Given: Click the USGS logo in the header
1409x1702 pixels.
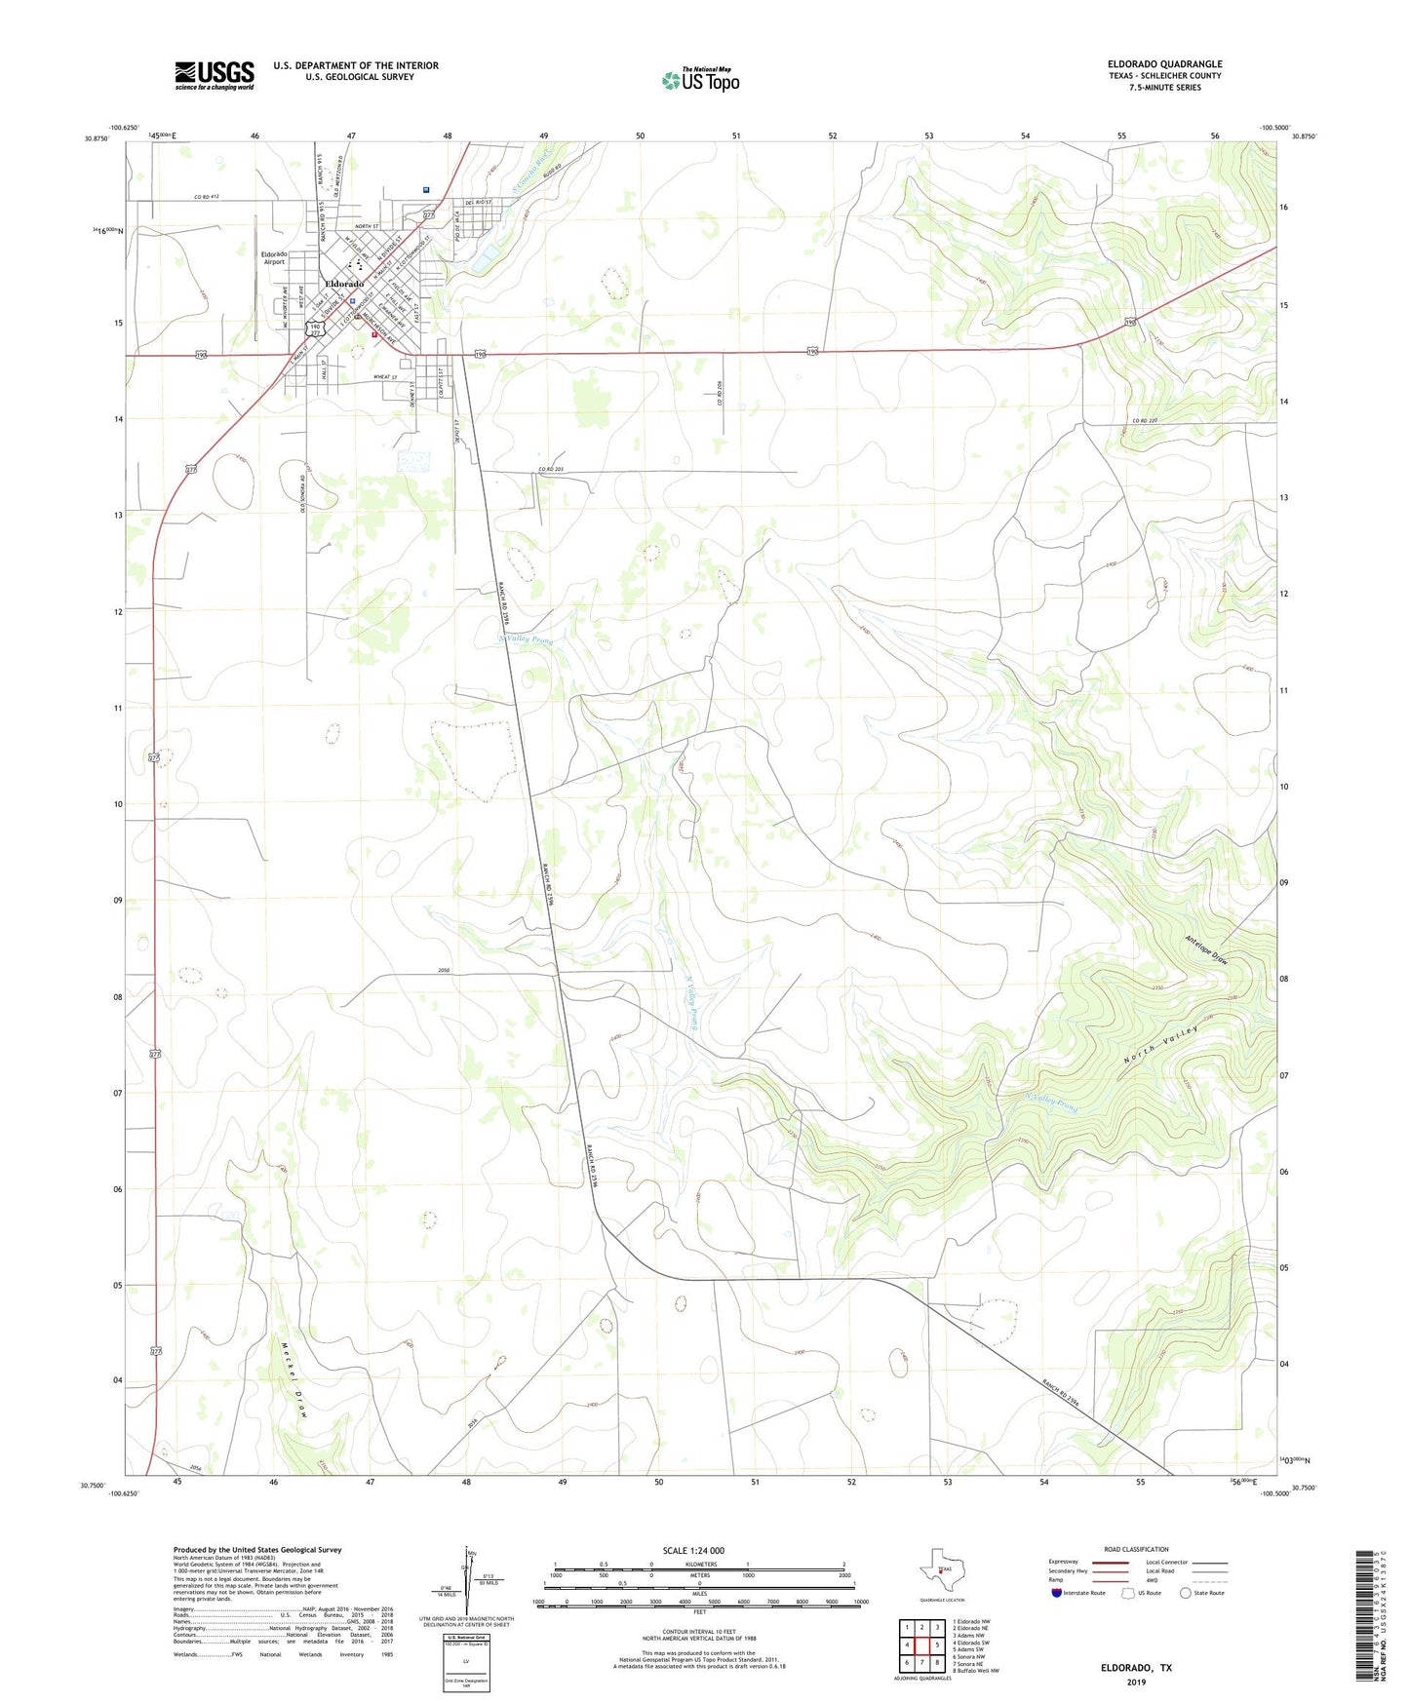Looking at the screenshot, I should point(215,74).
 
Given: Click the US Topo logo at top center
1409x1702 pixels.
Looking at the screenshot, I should point(700,79).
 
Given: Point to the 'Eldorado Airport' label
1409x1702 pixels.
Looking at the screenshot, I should point(273,257).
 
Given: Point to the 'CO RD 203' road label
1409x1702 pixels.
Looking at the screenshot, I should point(551,470).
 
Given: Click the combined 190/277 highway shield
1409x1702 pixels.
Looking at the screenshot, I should point(314,329).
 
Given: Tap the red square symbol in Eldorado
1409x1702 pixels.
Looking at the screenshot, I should point(373,334).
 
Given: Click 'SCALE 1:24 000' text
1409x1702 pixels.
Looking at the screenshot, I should point(693,1550).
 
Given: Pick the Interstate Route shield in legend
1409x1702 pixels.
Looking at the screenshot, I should point(1057,1593).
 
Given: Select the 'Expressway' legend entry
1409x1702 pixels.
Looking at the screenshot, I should point(1064,1562).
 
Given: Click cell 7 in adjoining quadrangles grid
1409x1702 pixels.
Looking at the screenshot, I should point(921,1662).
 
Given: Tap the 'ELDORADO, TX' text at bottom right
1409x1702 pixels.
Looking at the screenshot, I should point(1136,1668).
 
